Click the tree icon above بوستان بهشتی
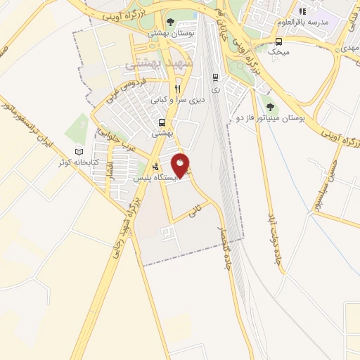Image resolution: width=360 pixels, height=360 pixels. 171,22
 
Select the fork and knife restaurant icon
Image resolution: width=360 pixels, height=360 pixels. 178,89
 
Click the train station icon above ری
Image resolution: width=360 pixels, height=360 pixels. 215,77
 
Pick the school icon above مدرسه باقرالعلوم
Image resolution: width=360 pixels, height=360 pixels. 303,11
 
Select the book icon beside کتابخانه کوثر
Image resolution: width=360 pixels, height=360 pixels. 78,152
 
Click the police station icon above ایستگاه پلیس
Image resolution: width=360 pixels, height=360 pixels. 155,167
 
